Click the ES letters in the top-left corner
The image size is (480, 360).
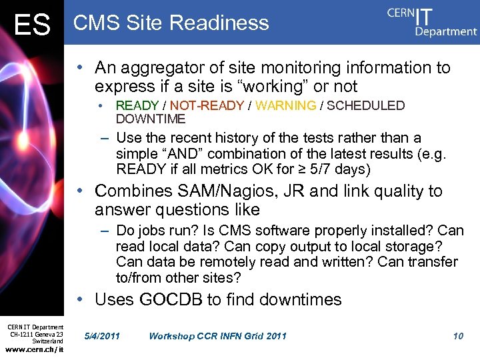coord(32,26)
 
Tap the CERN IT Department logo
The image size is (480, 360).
coord(432,21)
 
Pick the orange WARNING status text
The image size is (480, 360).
coord(286,105)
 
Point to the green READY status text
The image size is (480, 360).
coord(137,105)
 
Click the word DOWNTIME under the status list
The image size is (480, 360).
coord(151,119)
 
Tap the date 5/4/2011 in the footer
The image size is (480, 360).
coord(103,335)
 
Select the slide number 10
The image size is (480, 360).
coord(458,335)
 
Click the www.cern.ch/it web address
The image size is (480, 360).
coord(35,349)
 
